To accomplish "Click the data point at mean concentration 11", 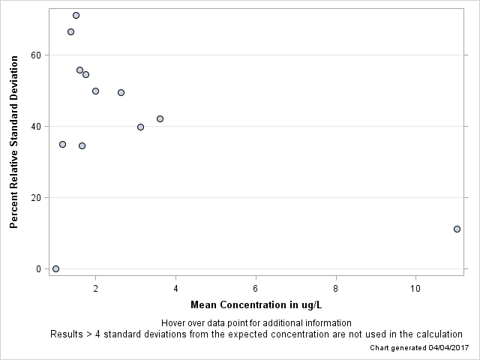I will (x=457, y=229).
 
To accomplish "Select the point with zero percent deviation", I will (x=55, y=268).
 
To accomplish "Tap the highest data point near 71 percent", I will (x=76, y=15).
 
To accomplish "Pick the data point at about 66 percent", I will (x=70, y=31).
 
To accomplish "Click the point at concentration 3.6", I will (x=160, y=118).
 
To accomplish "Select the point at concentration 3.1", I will (x=140, y=127).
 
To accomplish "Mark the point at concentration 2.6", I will (x=121, y=92).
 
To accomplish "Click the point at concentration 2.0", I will (x=95, y=91).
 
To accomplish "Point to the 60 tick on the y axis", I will (x=35, y=55).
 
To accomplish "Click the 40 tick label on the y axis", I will (x=35, y=126).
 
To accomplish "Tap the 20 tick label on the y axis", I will (x=35, y=197).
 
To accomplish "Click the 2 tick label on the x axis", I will (x=95, y=289).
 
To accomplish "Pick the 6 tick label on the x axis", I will (x=256, y=289).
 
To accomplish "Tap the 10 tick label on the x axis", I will (x=415, y=289).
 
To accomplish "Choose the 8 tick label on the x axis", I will (x=336, y=289).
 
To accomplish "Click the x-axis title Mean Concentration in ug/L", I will (x=256, y=305).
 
